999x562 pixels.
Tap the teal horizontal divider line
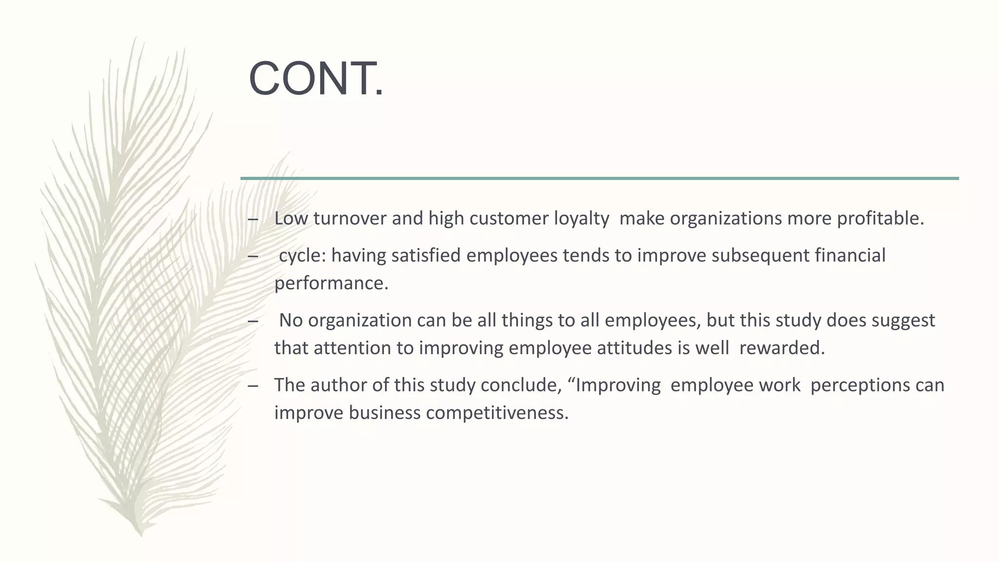point(599,179)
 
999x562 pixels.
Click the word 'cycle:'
point(302,256)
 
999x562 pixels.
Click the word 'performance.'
point(331,283)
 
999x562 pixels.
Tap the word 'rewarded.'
point(782,348)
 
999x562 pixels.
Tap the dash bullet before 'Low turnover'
point(253,219)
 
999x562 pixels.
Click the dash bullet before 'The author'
point(253,386)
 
